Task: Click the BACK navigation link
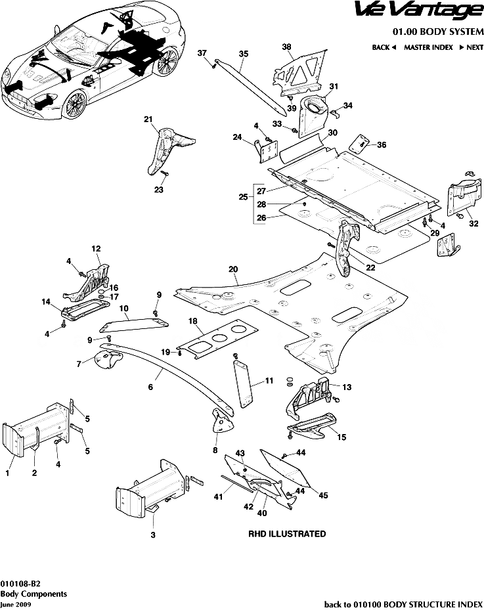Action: (x=384, y=47)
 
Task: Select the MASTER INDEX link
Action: (x=428, y=47)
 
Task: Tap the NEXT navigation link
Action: (x=472, y=47)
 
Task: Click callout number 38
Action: (x=286, y=47)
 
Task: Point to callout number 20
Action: (x=232, y=269)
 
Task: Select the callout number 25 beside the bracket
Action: (x=243, y=197)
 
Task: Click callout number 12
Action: (x=96, y=249)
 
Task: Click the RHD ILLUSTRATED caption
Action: (x=286, y=534)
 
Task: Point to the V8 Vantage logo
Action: (x=428, y=11)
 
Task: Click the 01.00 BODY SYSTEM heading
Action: (x=438, y=31)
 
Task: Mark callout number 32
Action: (x=473, y=224)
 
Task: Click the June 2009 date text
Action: (x=15, y=603)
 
